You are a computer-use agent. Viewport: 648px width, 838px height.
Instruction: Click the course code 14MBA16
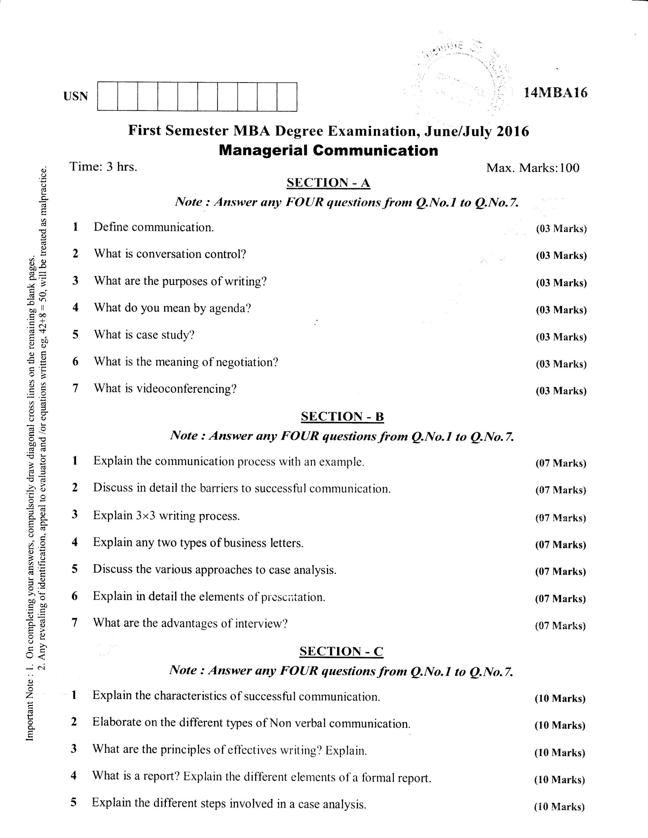[555, 93]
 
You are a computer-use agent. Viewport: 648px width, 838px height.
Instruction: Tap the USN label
[76, 96]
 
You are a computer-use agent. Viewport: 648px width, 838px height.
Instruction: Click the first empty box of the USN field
[108, 97]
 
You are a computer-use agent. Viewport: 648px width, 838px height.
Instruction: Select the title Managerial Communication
[328, 150]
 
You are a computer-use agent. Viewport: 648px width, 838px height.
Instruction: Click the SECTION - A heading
[328, 183]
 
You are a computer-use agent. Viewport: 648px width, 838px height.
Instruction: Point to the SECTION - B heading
[342, 417]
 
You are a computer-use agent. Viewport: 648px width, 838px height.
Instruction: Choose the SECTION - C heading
[341, 651]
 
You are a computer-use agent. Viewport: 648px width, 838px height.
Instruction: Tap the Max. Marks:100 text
[533, 168]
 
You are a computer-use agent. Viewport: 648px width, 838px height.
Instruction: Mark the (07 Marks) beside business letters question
[560, 545]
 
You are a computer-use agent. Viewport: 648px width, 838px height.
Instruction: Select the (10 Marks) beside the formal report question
[559, 780]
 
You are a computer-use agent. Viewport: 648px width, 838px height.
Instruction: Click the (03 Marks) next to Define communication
[561, 229]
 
